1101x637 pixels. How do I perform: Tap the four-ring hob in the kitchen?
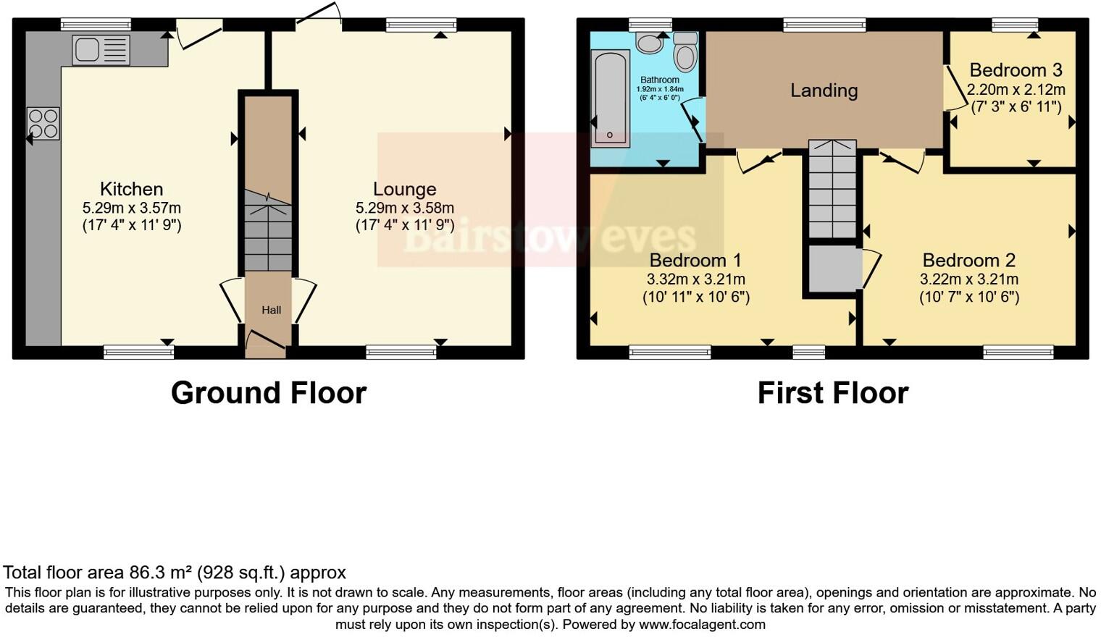coord(43,122)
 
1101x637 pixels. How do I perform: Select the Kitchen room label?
coord(131,189)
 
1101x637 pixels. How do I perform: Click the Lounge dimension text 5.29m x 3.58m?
coord(404,208)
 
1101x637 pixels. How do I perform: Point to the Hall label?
coord(271,310)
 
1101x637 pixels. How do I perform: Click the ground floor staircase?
coord(268,232)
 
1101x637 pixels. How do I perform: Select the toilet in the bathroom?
coord(685,52)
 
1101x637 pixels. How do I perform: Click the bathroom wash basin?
coord(650,43)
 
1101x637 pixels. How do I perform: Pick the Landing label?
coord(824,90)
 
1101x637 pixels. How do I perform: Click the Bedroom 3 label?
coord(1016,70)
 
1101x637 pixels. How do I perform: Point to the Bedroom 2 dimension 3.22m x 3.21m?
coord(969,279)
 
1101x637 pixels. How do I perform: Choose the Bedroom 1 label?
coord(695,260)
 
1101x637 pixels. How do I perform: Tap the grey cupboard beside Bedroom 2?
coord(834,269)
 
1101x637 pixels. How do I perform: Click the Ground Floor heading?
coord(269,393)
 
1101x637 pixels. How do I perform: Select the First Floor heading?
coord(832,393)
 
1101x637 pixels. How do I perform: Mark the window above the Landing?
coord(824,26)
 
